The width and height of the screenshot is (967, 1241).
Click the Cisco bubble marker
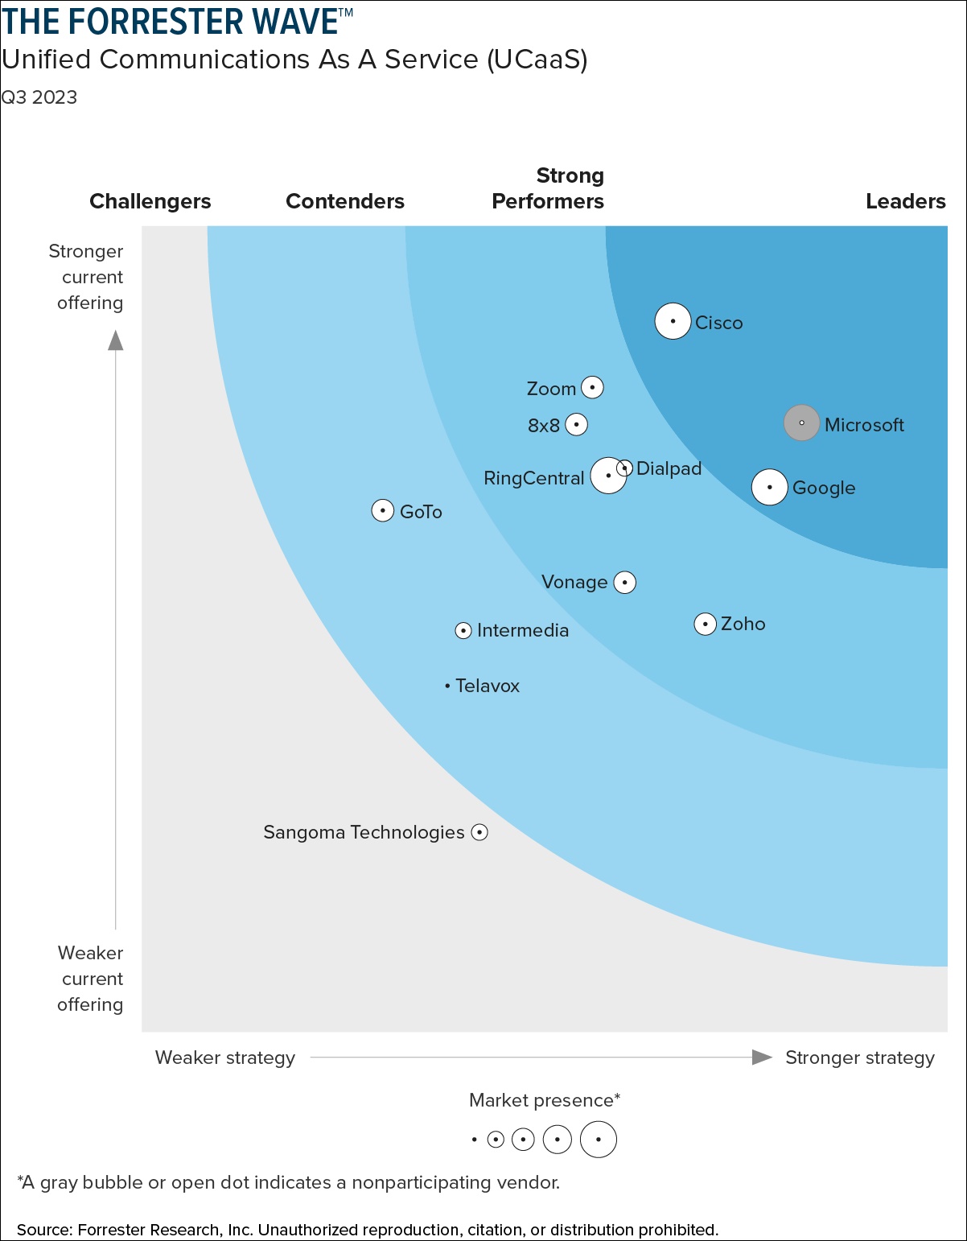click(x=673, y=322)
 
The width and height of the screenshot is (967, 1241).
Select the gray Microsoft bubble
click(x=801, y=423)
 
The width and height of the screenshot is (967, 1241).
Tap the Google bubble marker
click(x=769, y=487)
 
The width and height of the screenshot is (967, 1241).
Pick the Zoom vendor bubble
click(x=592, y=387)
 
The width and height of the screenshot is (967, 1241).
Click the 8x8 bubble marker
click(x=576, y=424)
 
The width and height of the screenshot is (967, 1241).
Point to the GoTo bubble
click(x=383, y=510)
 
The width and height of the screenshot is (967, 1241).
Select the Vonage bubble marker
click(x=625, y=582)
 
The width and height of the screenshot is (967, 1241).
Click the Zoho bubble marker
click(x=705, y=624)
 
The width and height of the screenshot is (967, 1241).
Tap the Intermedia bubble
click(x=463, y=630)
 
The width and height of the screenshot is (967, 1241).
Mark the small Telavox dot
click(x=447, y=686)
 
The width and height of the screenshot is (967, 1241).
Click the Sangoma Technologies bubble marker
click(x=479, y=832)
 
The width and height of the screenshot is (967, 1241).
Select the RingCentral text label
click(x=533, y=478)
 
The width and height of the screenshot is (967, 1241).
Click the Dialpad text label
click(x=669, y=468)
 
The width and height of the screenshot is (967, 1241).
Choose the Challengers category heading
click(x=150, y=201)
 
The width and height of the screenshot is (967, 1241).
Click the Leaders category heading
click(x=905, y=201)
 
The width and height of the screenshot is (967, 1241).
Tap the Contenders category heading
click(x=345, y=201)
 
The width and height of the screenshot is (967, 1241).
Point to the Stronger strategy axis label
click(x=859, y=1058)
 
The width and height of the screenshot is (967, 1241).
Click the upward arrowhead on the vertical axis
click(x=116, y=341)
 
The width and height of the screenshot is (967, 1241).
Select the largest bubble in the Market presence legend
click(x=598, y=1140)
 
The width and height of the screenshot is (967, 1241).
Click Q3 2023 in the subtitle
click(x=39, y=97)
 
